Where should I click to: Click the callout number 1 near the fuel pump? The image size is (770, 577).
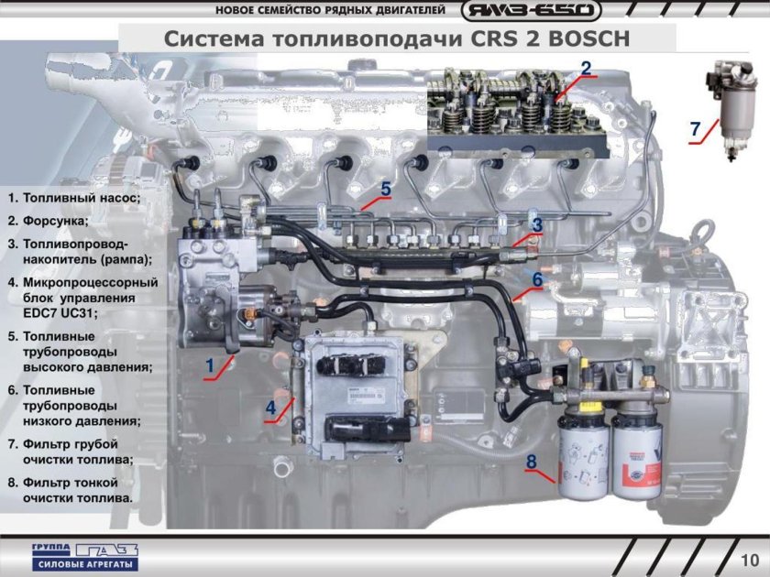(x=209, y=365)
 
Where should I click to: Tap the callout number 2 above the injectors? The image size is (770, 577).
(x=586, y=67)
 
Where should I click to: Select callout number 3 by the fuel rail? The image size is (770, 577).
(x=537, y=223)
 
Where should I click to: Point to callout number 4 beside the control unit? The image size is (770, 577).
(x=271, y=406)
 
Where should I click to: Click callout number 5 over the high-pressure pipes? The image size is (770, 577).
(x=386, y=189)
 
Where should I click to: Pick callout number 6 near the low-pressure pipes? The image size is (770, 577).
(x=538, y=278)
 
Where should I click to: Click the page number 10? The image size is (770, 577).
(x=749, y=558)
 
